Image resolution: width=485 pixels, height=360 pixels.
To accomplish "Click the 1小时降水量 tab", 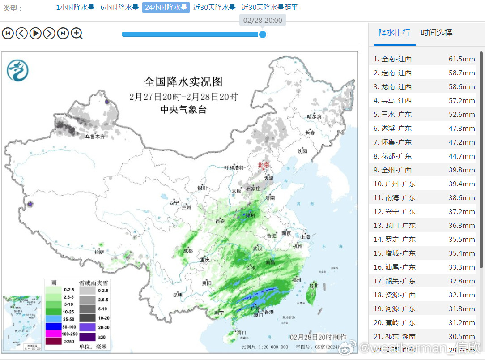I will tap(75, 8).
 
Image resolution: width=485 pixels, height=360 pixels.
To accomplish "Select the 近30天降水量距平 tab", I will tap(269, 8).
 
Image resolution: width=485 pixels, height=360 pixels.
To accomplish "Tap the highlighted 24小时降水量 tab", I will tap(166, 8).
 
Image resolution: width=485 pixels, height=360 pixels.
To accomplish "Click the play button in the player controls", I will tap(35, 33).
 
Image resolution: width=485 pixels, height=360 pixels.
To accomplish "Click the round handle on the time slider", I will tap(263, 34).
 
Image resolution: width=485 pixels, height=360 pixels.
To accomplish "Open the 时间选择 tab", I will tap(437, 33).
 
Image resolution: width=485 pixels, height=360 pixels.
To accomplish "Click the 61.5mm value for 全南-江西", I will tap(462, 59).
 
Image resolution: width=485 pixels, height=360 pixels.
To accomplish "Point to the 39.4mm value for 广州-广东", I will tap(462, 184).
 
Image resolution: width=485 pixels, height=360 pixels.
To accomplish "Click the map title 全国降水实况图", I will tap(183, 82).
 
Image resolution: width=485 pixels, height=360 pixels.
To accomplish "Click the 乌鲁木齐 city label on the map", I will tap(95, 137).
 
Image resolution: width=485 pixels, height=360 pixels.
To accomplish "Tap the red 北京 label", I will tap(264, 165).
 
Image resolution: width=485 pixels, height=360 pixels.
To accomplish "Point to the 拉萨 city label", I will tap(99, 252).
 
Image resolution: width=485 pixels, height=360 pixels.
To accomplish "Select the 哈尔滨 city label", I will tap(314, 116).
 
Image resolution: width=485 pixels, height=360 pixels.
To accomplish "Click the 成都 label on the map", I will tap(188, 251).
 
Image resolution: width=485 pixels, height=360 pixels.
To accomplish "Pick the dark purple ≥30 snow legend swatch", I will tap(87, 337).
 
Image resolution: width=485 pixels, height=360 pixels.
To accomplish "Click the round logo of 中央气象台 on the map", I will tap(17, 71).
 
